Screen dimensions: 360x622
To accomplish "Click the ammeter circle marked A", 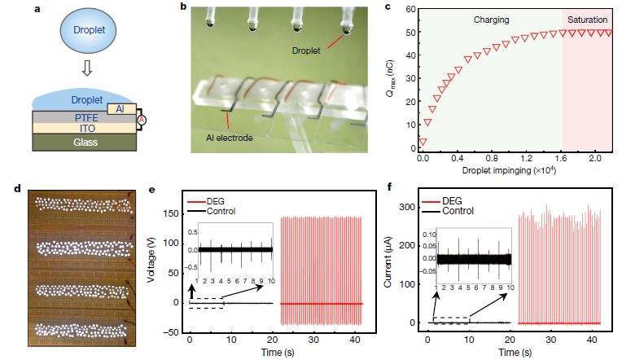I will (x=141, y=120).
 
